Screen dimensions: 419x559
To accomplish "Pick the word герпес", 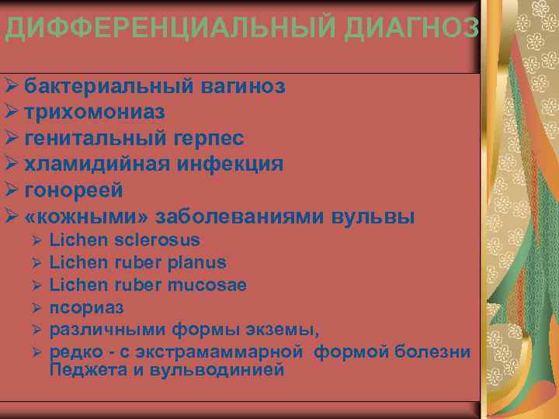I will (206, 138).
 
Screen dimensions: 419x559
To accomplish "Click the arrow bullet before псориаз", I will (36, 308).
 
